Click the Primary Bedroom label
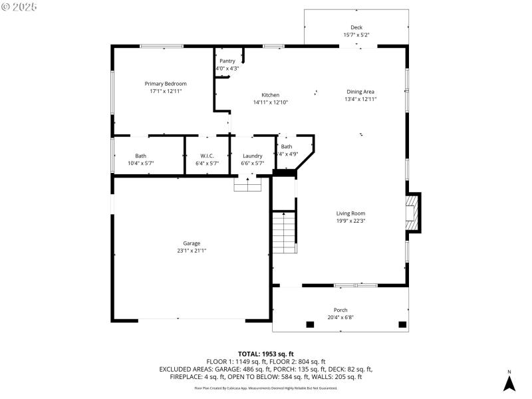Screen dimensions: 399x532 point(166,84)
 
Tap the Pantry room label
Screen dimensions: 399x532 point(227,61)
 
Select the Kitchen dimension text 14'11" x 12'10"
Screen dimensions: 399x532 point(270,102)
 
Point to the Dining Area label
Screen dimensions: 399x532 point(360,92)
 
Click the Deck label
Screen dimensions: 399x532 point(356,27)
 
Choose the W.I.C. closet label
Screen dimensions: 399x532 point(207,156)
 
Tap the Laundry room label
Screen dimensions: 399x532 point(252,156)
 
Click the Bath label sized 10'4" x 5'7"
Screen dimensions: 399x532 point(140,156)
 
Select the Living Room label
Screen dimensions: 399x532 point(350,213)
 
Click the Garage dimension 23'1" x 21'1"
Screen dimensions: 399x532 point(192,251)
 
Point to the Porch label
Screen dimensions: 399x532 point(340,310)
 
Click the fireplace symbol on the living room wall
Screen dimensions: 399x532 point(414,212)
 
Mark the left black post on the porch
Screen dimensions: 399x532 point(310,325)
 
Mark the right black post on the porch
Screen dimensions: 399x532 point(402,325)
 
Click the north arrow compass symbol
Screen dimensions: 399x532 point(509,383)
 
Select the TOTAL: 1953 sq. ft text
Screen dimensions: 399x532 point(266,354)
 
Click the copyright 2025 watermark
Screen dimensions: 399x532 point(19,7)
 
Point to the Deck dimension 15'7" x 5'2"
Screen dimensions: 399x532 point(356,35)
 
